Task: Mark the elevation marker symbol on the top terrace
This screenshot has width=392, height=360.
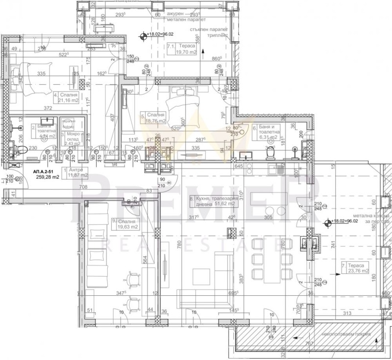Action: [x=144, y=35]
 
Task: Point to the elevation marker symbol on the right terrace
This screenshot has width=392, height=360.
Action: [x=328, y=221]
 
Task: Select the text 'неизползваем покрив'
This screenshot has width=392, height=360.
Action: [x=349, y=334]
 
